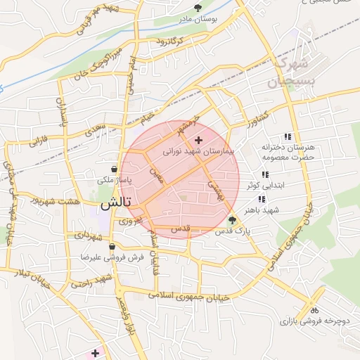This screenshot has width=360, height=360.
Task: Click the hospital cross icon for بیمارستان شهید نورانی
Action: click(x=198, y=141)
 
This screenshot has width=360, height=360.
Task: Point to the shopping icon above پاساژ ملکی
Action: click(x=113, y=169)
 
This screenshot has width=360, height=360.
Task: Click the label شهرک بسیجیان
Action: click(x=289, y=73)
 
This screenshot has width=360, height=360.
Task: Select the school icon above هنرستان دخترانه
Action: click(x=286, y=136)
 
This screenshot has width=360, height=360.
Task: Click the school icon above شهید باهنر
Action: click(x=262, y=200)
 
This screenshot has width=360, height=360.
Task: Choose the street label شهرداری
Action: click(x=74, y=234)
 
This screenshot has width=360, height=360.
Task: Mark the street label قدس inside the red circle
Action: click(x=181, y=230)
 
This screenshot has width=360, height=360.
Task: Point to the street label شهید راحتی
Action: click(x=91, y=281)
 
